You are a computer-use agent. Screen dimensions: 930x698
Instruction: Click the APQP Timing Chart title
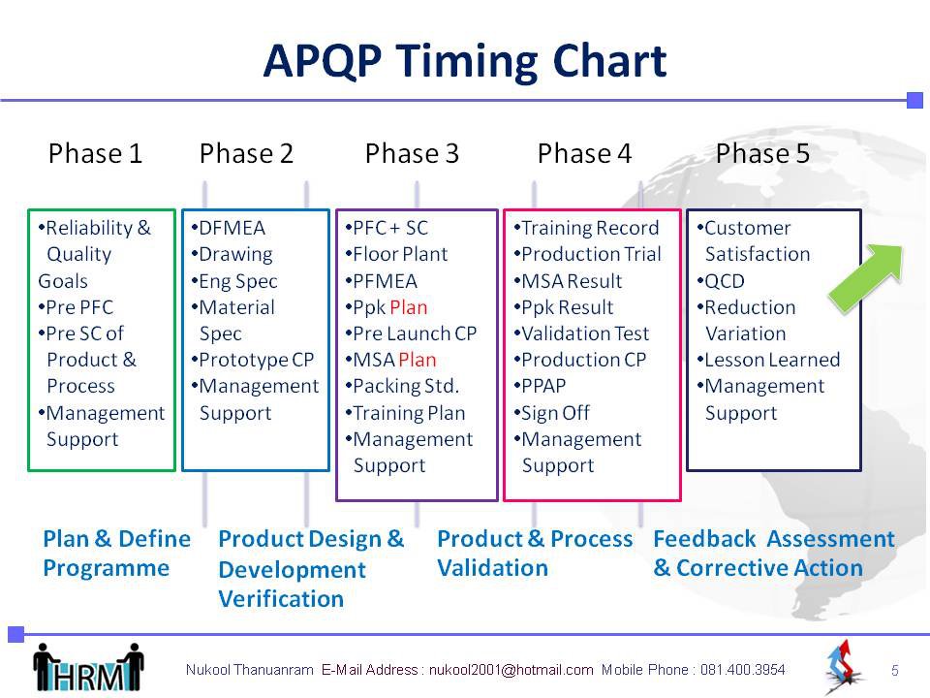(x=465, y=61)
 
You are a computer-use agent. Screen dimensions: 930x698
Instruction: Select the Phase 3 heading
(x=413, y=154)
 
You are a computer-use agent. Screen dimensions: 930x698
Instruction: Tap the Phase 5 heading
(x=762, y=154)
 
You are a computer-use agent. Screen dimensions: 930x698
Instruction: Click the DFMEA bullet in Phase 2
(x=229, y=228)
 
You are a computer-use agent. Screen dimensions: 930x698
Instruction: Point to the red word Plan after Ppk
(x=409, y=307)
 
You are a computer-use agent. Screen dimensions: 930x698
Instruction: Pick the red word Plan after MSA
(x=418, y=360)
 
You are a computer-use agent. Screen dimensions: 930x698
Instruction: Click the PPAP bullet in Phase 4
(x=540, y=386)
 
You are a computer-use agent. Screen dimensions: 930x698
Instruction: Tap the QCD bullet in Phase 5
(x=721, y=281)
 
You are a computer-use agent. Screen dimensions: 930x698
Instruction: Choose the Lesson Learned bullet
(x=768, y=360)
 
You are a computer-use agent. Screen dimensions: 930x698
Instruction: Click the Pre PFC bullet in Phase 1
(x=76, y=307)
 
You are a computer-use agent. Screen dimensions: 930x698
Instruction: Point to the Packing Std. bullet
(x=402, y=386)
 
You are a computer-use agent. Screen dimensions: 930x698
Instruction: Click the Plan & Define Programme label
(x=117, y=554)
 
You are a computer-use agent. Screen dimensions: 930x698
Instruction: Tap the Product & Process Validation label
(x=535, y=554)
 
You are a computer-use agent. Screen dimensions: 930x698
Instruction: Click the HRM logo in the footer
(x=88, y=668)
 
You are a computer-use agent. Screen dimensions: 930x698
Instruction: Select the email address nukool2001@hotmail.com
(x=511, y=670)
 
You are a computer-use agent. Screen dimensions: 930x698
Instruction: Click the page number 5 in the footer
(x=895, y=671)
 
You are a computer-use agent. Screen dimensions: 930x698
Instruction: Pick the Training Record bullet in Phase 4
(x=587, y=228)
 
